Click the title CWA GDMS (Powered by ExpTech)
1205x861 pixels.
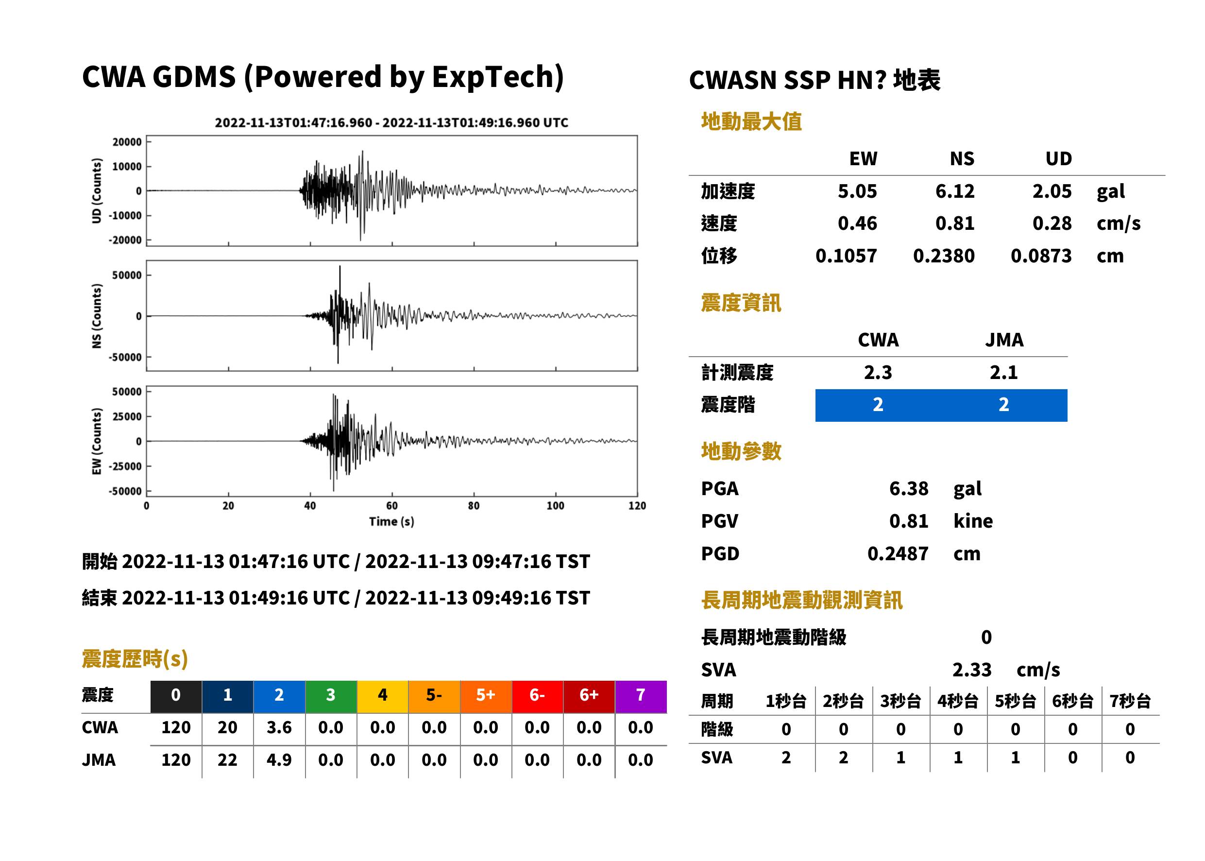coord(322,77)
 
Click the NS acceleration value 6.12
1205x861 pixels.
coord(954,191)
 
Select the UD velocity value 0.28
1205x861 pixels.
coord(1052,223)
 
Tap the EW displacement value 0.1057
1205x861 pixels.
coord(846,256)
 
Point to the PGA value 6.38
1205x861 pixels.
coord(908,488)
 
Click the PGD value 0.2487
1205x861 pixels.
coord(898,553)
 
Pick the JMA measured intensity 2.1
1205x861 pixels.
coord(1003,372)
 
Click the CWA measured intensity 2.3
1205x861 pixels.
coord(878,372)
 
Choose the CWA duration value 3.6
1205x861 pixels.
coord(279,727)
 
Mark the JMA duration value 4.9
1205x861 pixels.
coord(279,760)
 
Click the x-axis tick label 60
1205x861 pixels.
coord(391,506)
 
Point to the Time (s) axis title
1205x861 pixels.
coord(391,522)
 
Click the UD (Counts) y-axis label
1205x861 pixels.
coord(97,191)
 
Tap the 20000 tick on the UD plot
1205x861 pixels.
coord(127,142)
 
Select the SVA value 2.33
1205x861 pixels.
coord(972,670)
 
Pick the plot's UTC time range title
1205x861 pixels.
coord(391,123)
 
